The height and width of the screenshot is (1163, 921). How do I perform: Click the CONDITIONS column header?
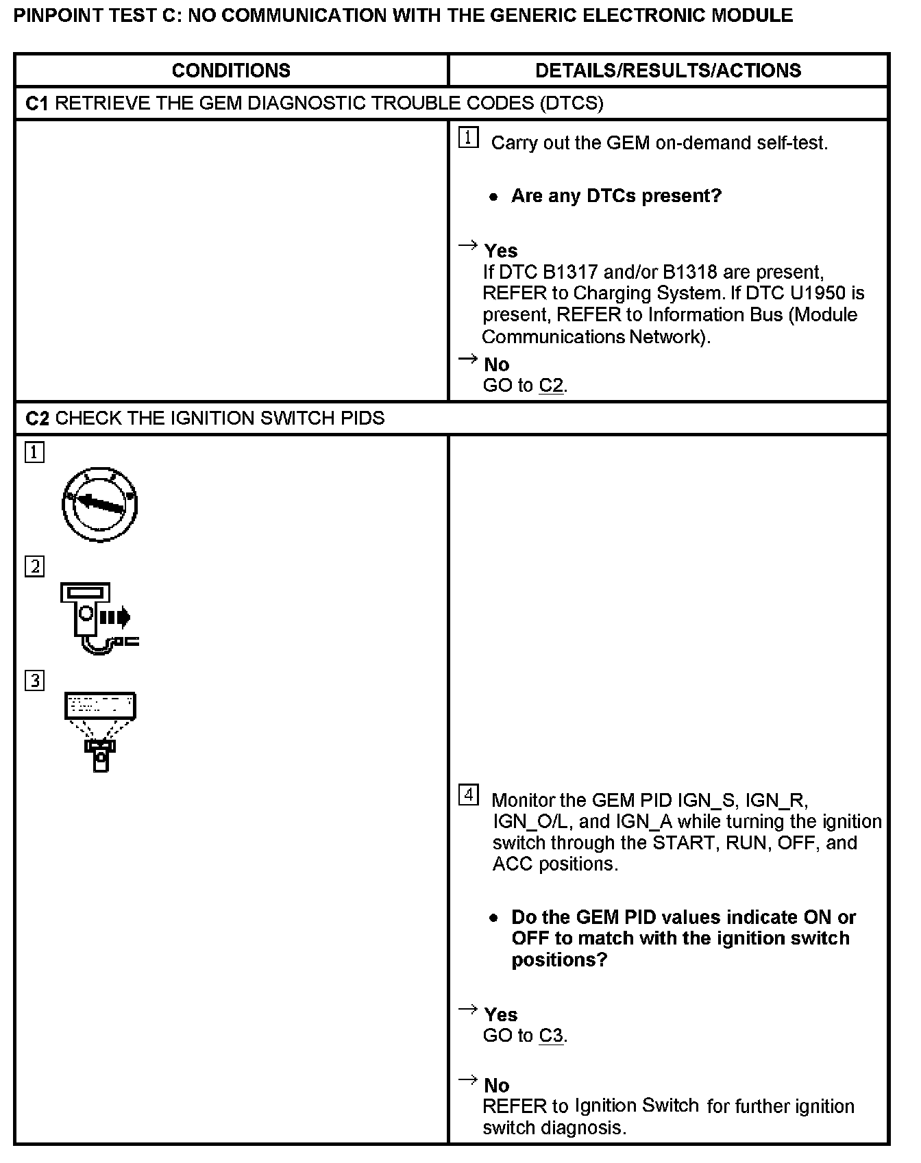[231, 71]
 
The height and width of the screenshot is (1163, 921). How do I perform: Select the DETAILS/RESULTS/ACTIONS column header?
[668, 71]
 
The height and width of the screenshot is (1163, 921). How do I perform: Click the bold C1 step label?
[37, 103]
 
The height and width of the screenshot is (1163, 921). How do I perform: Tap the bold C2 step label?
[37, 418]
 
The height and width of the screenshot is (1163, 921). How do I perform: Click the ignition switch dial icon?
[100, 504]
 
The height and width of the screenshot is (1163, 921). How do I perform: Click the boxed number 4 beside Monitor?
[468, 795]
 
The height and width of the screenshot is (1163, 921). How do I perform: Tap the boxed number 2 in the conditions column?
[34, 567]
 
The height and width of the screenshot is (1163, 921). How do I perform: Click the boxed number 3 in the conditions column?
[34, 681]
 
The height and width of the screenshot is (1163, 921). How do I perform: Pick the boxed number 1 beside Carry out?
[468, 138]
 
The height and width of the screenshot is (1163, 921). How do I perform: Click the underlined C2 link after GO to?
[552, 386]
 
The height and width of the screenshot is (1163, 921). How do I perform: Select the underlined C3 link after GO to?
[552, 1036]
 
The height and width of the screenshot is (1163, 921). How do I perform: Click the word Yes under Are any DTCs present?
[501, 251]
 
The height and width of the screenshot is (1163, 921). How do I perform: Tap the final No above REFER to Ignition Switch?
[497, 1086]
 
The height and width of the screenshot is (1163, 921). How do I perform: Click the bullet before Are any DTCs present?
[493, 197]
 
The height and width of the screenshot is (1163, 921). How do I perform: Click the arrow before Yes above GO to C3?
[467, 1009]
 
